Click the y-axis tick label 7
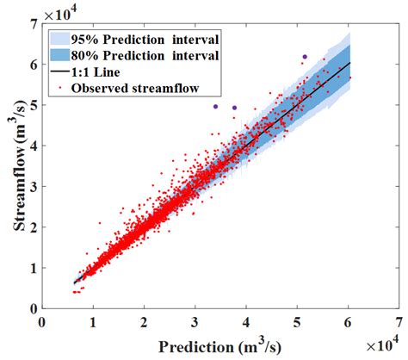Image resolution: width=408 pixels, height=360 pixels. point(34,24)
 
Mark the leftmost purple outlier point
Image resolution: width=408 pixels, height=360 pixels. point(215,107)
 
